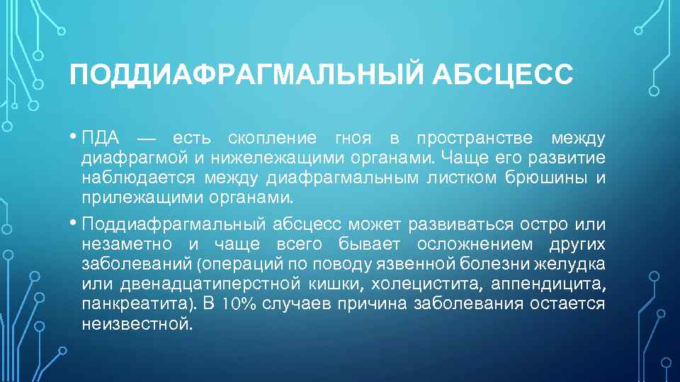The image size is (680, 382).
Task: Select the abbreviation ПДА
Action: coord(101,137)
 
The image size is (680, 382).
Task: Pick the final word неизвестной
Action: coord(137,324)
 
